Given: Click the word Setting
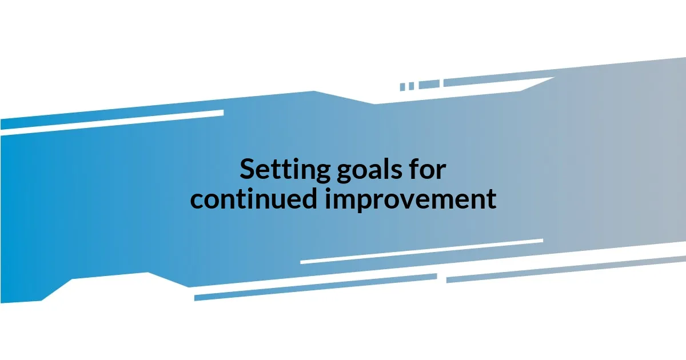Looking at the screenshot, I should click(284, 170).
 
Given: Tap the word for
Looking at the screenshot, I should click(426, 170).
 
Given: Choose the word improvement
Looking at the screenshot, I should click(411, 199).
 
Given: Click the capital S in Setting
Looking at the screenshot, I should click(247, 170).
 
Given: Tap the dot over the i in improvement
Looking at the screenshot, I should click(332, 189).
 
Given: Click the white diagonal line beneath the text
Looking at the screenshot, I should click(421, 251).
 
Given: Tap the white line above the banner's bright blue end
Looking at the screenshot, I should click(111, 121).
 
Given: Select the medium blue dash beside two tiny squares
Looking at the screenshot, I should click(429, 85).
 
